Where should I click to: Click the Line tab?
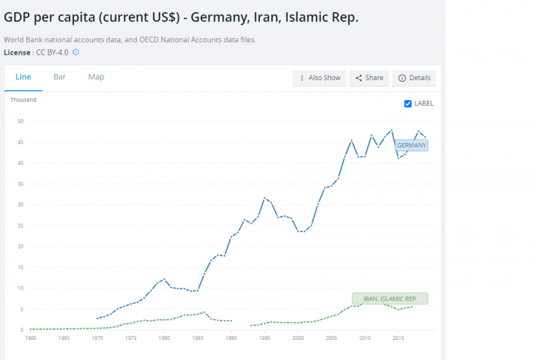pos(23,77)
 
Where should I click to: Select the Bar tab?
pos(59,77)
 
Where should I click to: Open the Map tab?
pos(96,77)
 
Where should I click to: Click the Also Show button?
pos(320,78)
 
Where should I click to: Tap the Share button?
pos(369,78)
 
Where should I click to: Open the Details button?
pos(414,78)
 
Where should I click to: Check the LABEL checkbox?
pos(409,104)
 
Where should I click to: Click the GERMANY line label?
pos(411,145)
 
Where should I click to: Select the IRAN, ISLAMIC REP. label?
pos(390,299)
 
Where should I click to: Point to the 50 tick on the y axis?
pos(21,121)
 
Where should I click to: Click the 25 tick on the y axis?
pos(21,226)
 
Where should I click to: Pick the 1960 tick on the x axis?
pos(31,338)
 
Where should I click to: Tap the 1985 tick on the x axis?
pos(198,338)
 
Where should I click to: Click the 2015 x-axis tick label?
pos(398,338)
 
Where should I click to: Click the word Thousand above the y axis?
pos(23,100)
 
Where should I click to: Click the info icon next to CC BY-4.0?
pos(75,52)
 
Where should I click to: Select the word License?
pos(17,52)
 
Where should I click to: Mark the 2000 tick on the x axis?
pos(298,338)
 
